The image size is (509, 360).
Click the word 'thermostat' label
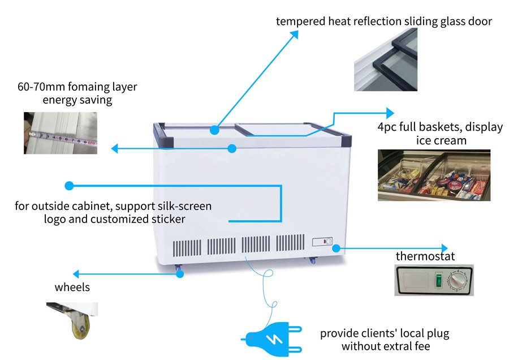pos(425,256)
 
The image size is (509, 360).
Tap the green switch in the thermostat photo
pos(437,280)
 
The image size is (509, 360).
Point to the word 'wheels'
pos(72,288)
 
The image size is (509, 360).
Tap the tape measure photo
pos(60,133)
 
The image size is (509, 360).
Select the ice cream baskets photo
pos(434,174)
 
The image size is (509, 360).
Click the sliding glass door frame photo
pos(386,59)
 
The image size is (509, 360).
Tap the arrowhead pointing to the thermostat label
pos(443,248)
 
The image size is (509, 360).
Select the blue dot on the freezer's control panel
pos(336,248)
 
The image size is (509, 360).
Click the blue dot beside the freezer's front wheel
pos(180,274)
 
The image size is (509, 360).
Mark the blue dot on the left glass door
pos(215,130)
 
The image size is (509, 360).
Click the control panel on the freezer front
pos(322,242)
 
